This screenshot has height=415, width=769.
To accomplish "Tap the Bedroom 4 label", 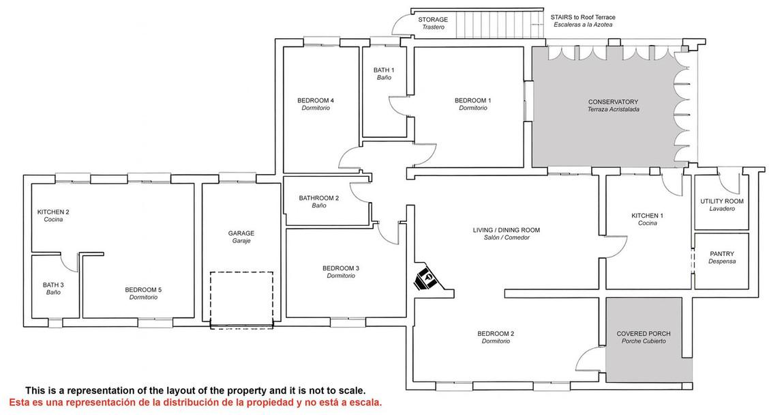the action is (316, 104).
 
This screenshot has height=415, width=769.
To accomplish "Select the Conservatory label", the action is (613, 106).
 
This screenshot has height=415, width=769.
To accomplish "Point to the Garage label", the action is (241, 237).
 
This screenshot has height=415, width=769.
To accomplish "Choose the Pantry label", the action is (722, 257).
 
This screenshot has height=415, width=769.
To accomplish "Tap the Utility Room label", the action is (722, 205).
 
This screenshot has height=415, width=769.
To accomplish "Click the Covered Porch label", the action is (644, 337).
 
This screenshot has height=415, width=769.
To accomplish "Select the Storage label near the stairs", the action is (433, 23).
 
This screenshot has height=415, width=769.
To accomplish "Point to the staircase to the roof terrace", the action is (500, 24).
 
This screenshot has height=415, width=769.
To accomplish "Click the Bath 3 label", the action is (53, 288).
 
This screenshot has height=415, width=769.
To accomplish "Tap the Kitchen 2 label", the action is (53, 216).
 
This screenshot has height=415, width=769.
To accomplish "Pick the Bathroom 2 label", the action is (319, 201).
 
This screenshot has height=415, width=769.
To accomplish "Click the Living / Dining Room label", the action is (507, 233).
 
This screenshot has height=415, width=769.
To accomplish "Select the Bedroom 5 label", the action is (143, 294).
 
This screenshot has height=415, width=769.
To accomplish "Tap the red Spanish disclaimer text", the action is (195, 403).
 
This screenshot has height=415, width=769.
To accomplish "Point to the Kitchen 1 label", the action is (648, 219).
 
